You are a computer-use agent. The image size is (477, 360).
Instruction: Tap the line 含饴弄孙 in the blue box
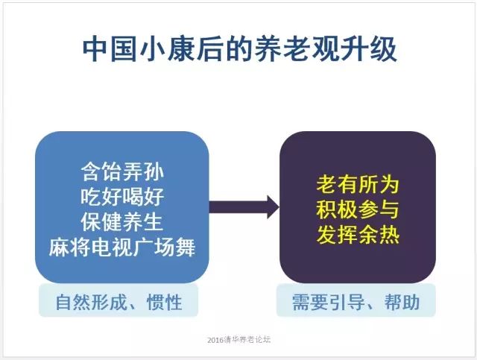tap(122, 171)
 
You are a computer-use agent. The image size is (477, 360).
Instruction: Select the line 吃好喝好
tap(122, 197)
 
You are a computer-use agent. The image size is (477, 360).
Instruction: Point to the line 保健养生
tap(122, 222)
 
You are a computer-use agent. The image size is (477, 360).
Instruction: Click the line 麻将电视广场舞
tap(122, 247)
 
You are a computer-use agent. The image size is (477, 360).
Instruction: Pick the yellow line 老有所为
tap(358, 184)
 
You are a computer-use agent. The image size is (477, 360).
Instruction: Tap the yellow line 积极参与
tap(358, 209)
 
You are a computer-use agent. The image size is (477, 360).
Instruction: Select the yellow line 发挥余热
tap(358, 235)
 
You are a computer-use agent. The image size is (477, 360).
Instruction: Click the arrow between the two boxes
tap(244, 207)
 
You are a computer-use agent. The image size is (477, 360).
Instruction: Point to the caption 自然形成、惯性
tap(119, 302)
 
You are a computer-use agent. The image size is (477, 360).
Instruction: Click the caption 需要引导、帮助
tap(356, 302)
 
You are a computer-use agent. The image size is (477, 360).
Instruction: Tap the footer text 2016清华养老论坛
tap(238, 340)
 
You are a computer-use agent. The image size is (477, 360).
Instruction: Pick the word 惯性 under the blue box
tap(165, 302)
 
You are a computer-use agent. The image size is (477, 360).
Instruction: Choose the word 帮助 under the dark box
tap(402, 302)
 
